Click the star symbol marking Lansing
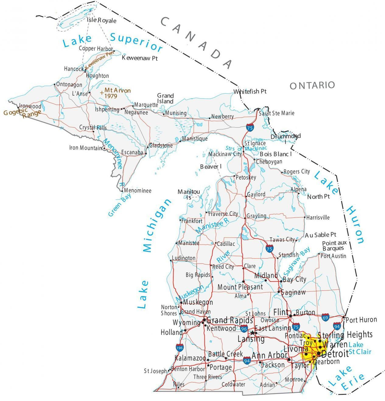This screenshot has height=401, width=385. coord(252,332)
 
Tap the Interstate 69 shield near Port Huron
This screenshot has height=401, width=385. coord(326,317)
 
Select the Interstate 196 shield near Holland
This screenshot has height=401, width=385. coord(180,347)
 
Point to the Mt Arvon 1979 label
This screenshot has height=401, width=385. coord(117,93)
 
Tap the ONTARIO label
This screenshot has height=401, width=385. coord(312,85)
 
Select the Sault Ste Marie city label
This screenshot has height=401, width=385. coord(276,113)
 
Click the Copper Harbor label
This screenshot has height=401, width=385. coord(96,48)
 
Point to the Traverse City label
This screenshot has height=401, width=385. coord(223,214)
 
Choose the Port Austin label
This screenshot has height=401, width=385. coord(333,256)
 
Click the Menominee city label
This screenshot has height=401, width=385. coord(138,191)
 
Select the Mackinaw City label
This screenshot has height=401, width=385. coord(225,154)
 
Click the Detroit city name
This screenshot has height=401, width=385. coord(334,354)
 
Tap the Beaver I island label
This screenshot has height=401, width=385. coord(211,167)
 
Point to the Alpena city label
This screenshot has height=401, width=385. coord(298,189)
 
